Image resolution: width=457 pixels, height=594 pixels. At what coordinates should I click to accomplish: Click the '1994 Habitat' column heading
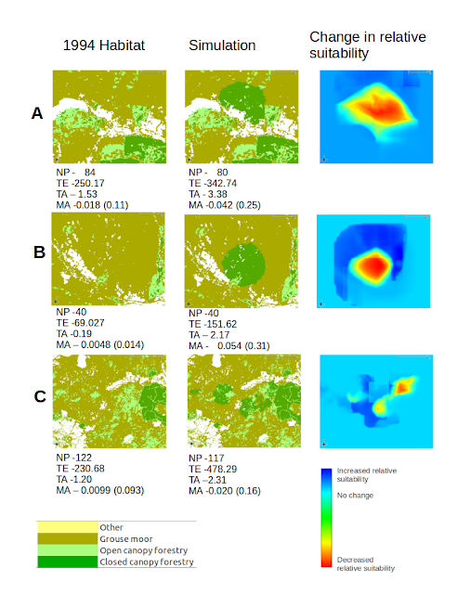click(103, 45)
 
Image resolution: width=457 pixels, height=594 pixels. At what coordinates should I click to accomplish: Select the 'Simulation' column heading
click(222, 45)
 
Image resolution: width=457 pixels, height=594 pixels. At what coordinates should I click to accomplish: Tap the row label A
click(37, 113)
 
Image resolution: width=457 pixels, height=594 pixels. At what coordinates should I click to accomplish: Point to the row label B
click(39, 252)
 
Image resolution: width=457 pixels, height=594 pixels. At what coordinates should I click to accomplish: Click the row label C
click(40, 396)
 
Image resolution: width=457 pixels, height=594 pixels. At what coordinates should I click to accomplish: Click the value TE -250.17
click(80, 184)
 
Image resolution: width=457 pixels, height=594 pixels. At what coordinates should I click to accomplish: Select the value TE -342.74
click(213, 184)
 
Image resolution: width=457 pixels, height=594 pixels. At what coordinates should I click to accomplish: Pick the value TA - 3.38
click(208, 194)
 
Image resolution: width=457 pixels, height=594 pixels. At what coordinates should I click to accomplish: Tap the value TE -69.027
click(80, 323)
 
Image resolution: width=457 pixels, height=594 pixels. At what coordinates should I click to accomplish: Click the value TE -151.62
click(213, 324)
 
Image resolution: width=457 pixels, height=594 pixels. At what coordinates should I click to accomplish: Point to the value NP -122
click(74, 458)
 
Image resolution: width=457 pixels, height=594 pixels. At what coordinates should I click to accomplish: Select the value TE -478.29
click(213, 470)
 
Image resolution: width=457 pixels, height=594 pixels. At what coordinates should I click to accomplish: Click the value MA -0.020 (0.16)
click(225, 491)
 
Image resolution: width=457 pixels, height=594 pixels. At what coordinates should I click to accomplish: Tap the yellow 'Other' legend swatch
click(67, 527)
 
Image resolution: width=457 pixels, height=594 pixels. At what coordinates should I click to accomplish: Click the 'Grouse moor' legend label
click(126, 539)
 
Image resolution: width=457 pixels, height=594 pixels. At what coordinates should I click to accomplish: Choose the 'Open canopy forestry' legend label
click(144, 550)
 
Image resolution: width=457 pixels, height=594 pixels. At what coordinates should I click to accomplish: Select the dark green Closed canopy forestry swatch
click(67, 562)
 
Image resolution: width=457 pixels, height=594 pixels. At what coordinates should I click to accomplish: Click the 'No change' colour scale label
click(355, 496)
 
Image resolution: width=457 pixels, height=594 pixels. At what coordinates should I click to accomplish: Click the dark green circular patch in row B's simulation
click(243, 265)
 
